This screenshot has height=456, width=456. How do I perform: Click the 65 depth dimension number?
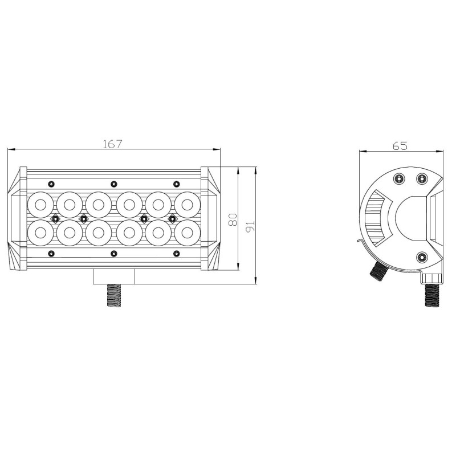tap(400, 146)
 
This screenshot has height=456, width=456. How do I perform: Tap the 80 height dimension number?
tap(233, 219)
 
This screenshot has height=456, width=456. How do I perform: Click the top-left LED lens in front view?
tap(40, 205)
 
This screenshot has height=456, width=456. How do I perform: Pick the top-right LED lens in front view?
tap(188, 205)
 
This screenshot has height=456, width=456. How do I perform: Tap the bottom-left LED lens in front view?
tap(40, 233)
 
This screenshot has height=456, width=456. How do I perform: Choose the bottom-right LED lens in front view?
tap(188, 233)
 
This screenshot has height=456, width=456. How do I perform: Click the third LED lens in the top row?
tap(98, 205)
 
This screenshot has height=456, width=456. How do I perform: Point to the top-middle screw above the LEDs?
tap(114, 184)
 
